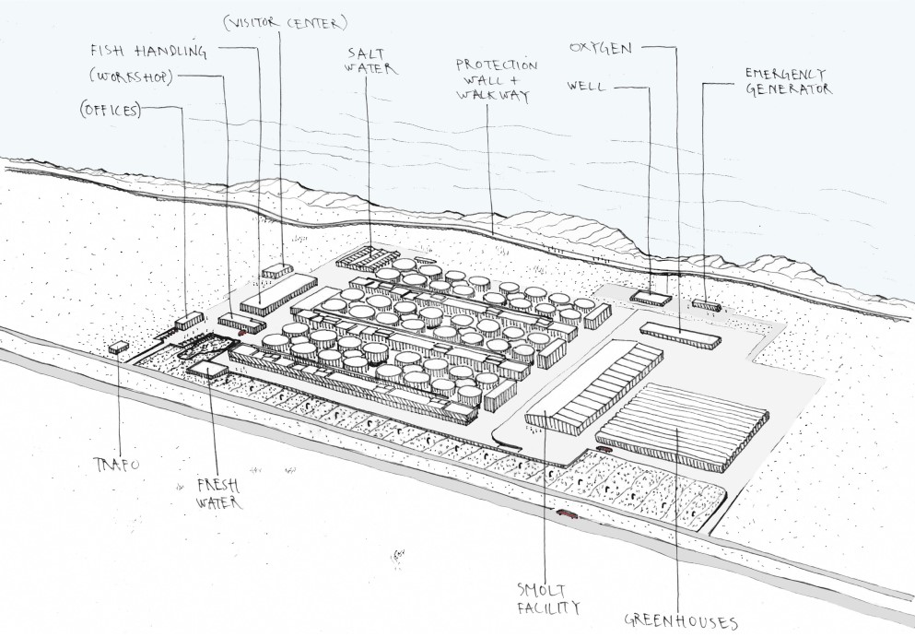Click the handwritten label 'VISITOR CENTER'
click(286, 23)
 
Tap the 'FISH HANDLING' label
click(148, 52)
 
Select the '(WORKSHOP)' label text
click(131, 77)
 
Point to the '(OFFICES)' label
click(111, 110)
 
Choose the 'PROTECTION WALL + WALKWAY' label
click(496, 80)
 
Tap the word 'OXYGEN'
click(601, 48)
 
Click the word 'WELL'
click(586, 87)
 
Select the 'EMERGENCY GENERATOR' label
click(789, 82)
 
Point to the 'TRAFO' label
click(117, 465)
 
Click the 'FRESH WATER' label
click(218, 494)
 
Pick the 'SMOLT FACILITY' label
click(548, 598)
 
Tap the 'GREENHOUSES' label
click(681, 621)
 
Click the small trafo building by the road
click(119, 348)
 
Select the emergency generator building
click(707, 305)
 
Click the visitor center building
click(277, 270)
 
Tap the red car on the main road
click(567, 513)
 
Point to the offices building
click(189, 321)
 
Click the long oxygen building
click(680, 336)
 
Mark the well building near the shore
click(651, 299)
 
